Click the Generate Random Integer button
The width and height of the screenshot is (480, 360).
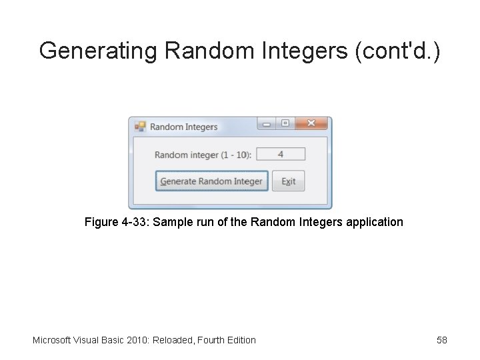click(211, 181)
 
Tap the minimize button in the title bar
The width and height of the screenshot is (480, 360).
click(267, 124)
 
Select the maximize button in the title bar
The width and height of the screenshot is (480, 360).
click(285, 124)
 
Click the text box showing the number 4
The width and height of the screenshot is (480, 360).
click(281, 154)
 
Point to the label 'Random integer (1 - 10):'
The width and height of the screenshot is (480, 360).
click(203, 155)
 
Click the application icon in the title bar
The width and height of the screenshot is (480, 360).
click(140, 126)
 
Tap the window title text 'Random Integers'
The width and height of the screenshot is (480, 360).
click(183, 127)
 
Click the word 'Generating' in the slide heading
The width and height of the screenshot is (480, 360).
click(97, 50)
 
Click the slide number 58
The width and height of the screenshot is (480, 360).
click(442, 340)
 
